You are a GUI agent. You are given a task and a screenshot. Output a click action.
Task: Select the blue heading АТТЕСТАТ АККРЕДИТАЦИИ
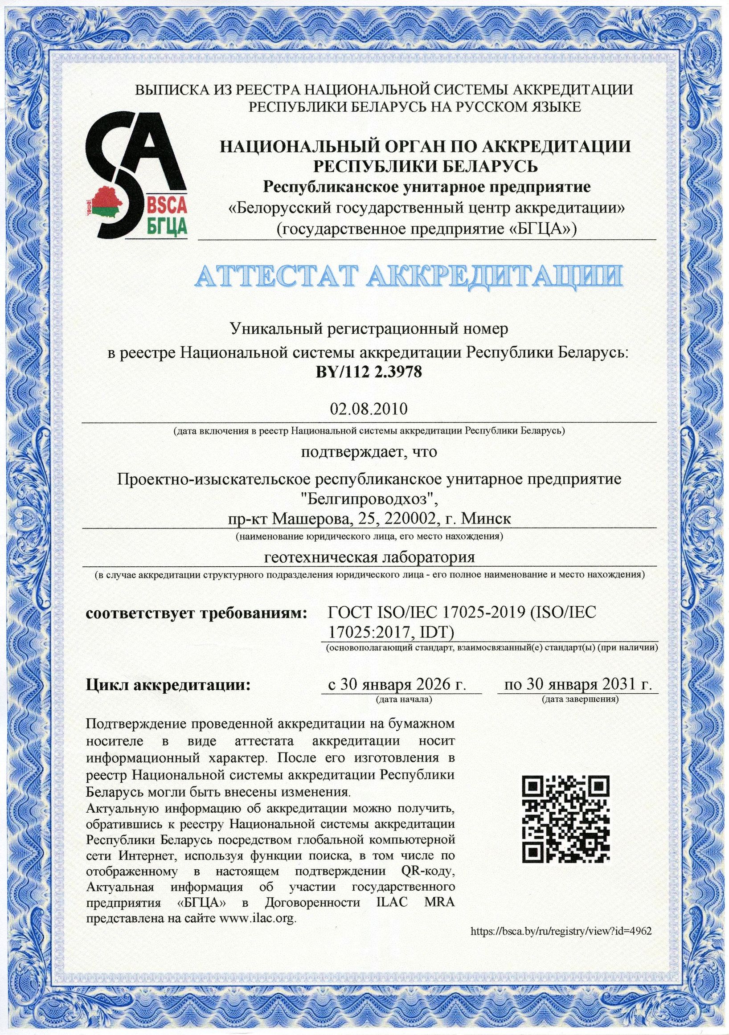click(408, 276)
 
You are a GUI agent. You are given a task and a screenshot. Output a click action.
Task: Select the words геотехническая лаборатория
click(369, 558)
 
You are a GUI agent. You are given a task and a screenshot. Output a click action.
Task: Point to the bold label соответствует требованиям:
click(196, 614)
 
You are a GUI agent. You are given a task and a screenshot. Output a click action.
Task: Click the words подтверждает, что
click(369, 452)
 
